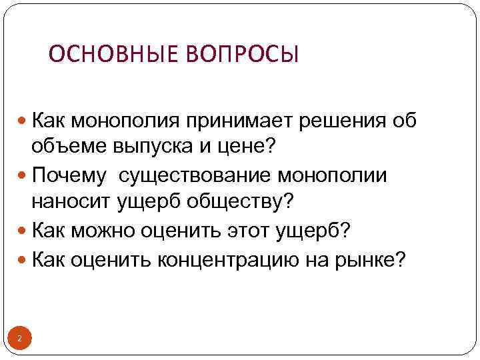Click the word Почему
coord(69,176)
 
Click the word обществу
coord(235,199)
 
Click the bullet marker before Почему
coord(24,177)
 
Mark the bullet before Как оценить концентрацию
coord(24,259)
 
